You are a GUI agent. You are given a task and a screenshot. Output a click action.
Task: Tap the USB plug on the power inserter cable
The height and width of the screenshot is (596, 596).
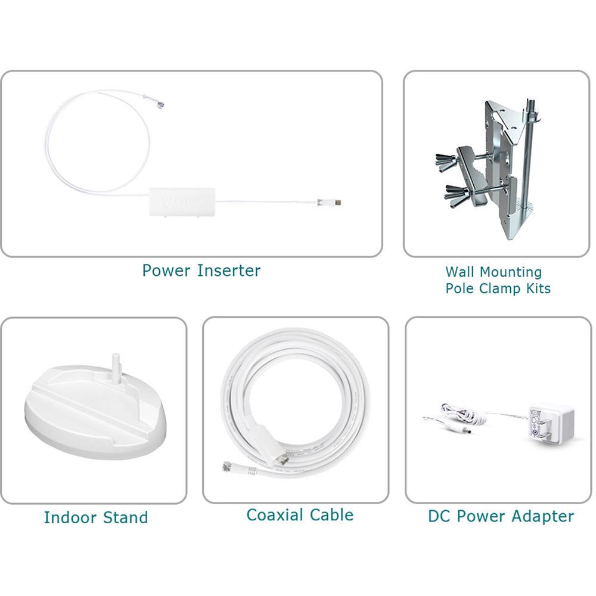[337, 203]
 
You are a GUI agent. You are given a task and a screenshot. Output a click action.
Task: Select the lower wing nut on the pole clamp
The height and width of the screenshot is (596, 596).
[456, 192]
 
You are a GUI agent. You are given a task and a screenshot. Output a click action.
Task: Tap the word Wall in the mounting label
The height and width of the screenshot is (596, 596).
[460, 272]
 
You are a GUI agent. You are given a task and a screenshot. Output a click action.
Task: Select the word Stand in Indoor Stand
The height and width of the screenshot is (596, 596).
[125, 517]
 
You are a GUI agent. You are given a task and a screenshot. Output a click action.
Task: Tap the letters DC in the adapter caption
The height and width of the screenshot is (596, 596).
[438, 516]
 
